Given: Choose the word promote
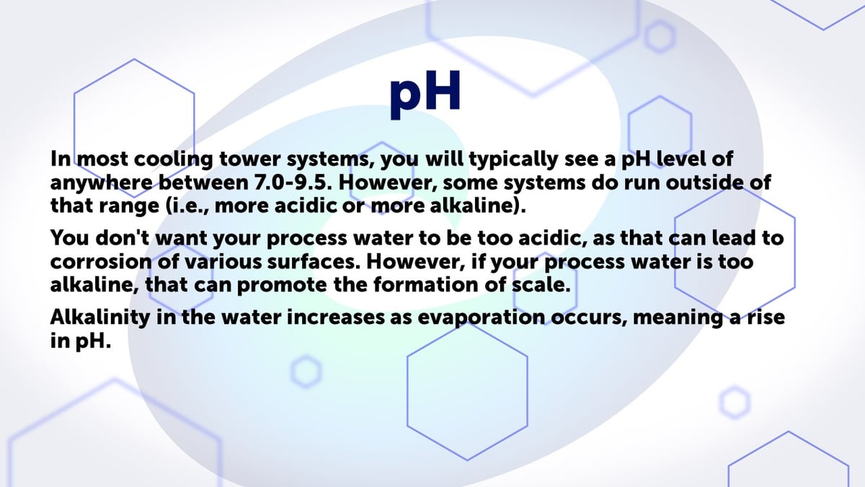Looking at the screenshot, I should pos(280,284).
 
